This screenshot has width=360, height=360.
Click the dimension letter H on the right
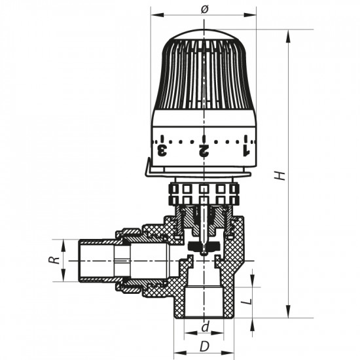(280, 175)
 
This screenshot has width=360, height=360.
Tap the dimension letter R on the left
(57, 259)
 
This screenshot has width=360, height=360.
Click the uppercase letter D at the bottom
(204, 345)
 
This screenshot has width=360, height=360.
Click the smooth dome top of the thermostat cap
(204, 35)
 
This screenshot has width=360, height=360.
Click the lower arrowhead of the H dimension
(287, 314)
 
